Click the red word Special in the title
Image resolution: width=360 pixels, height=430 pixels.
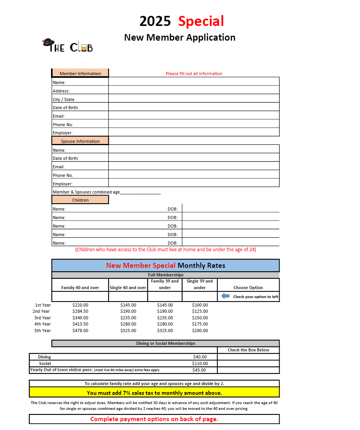[x=201, y=21]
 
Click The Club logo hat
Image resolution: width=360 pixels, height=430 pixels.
[x=48, y=41]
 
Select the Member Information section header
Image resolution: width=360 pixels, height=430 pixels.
[x=80, y=73]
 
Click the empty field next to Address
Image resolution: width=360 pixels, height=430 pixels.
[x=194, y=90]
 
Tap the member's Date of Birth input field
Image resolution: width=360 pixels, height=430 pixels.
[x=194, y=107]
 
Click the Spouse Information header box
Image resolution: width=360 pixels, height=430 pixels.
[x=80, y=141]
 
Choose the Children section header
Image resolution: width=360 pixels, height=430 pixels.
[x=80, y=200]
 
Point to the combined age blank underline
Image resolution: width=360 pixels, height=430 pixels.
[x=140, y=192]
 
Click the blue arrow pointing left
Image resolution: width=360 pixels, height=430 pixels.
[x=225, y=296]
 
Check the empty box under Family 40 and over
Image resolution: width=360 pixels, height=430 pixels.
[x=80, y=296]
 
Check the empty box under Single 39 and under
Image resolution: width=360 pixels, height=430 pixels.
[x=200, y=296]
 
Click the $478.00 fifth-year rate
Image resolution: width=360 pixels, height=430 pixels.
[x=80, y=331]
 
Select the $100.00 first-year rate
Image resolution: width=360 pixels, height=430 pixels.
[x=200, y=305]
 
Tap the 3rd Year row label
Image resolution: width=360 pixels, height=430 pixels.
[x=42, y=318]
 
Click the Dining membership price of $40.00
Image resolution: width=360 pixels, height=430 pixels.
[x=200, y=357]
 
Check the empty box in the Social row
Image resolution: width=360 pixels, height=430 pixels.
[x=248, y=363]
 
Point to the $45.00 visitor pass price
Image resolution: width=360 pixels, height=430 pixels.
[x=200, y=370]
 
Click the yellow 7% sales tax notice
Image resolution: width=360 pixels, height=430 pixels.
[x=154, y=393]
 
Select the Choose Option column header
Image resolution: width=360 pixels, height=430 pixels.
[x=248, y=288]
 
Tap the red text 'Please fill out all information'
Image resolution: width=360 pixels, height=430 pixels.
[x=194, y=74]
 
